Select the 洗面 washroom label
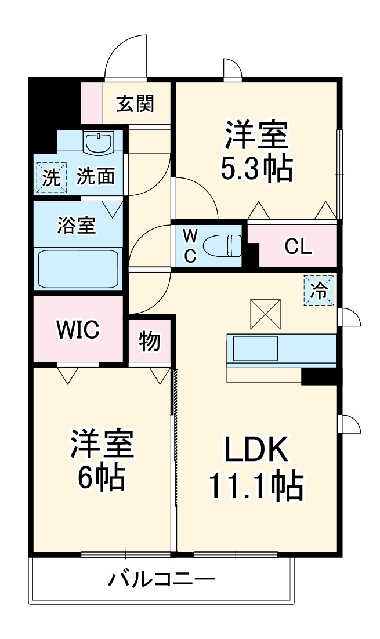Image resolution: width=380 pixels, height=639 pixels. (96, 177)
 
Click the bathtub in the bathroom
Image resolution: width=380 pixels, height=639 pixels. (78, 267)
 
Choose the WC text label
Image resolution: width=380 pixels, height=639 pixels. (190, 245)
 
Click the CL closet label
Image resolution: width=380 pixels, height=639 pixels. (298, 246)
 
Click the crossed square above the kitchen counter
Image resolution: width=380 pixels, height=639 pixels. (265, 314)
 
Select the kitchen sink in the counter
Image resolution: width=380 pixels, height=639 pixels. (255, 350)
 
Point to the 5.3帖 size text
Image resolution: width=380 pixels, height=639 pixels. (255, 168)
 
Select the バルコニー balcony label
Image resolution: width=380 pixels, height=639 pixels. (162, 579)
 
